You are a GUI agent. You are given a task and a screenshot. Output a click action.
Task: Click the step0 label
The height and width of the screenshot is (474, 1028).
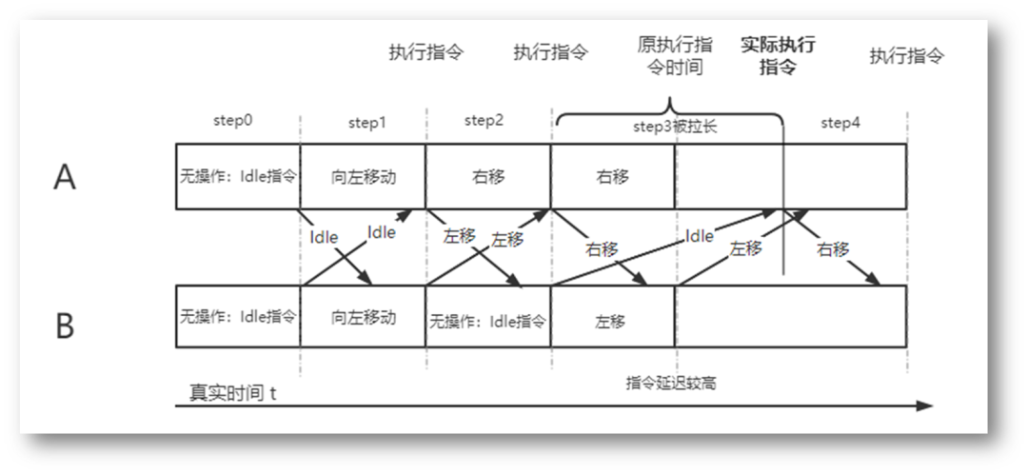232,122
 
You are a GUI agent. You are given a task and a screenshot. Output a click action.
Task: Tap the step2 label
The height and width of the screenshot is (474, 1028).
484,121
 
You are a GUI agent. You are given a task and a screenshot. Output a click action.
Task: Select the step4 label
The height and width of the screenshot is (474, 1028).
840,122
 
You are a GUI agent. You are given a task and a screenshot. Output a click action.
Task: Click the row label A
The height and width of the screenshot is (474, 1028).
64,178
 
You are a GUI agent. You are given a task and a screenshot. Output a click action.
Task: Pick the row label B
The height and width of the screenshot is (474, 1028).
65,326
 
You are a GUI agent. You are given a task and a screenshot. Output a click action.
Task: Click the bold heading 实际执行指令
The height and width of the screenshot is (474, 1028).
778,56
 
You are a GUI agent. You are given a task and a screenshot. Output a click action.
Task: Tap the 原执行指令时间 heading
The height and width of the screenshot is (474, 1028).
675,56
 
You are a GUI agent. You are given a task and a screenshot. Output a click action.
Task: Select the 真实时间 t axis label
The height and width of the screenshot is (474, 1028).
231,392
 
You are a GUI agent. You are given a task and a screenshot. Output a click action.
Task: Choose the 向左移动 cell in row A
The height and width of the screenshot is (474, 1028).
363,177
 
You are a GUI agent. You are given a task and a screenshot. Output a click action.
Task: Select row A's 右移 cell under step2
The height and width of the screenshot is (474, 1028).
487,177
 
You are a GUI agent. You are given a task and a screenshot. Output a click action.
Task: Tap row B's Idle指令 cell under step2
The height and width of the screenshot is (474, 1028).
488,322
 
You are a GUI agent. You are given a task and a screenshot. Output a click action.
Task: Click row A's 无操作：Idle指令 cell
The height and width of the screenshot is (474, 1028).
238,177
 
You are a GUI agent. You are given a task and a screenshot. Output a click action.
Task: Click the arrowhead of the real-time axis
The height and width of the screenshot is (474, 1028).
925,405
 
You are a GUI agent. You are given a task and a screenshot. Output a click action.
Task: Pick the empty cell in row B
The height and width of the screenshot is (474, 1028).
790,317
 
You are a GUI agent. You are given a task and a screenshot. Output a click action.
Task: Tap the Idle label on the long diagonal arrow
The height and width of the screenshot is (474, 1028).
700,237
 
